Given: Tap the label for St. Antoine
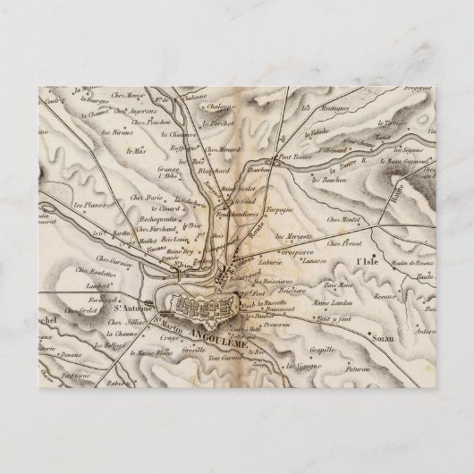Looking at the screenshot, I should (130, 311).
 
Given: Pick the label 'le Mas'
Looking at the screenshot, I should (136, 151).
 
